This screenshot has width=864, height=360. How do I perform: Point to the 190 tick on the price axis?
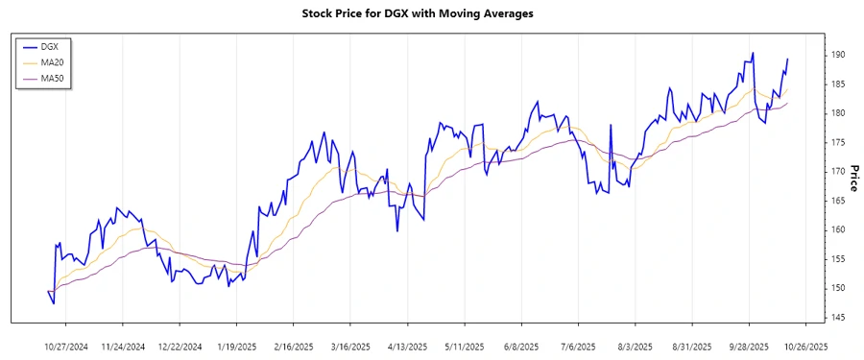tap(837, 55)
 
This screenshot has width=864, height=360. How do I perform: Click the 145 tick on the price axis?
tap(837, 317)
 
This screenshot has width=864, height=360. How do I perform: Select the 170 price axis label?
tap(837, 171)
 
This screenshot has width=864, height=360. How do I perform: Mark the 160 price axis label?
tap(837, 229)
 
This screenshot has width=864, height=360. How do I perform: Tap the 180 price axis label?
tap(837, 113)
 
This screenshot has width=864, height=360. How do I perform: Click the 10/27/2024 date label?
tap(66, 346)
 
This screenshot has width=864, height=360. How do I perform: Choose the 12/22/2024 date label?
tap(180, 346)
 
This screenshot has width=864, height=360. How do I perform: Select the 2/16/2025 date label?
tap(294, 346)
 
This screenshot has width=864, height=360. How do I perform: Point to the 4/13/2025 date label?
tap(407, 346)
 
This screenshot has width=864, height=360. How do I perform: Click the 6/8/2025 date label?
tap(521, 346)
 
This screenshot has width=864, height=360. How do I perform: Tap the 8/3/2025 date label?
tap(636, 346)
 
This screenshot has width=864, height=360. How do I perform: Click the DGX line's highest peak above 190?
tap(753, 53)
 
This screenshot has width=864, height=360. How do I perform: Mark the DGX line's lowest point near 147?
tap(54, 303)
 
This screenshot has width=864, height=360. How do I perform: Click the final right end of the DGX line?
tap(788, 60)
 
